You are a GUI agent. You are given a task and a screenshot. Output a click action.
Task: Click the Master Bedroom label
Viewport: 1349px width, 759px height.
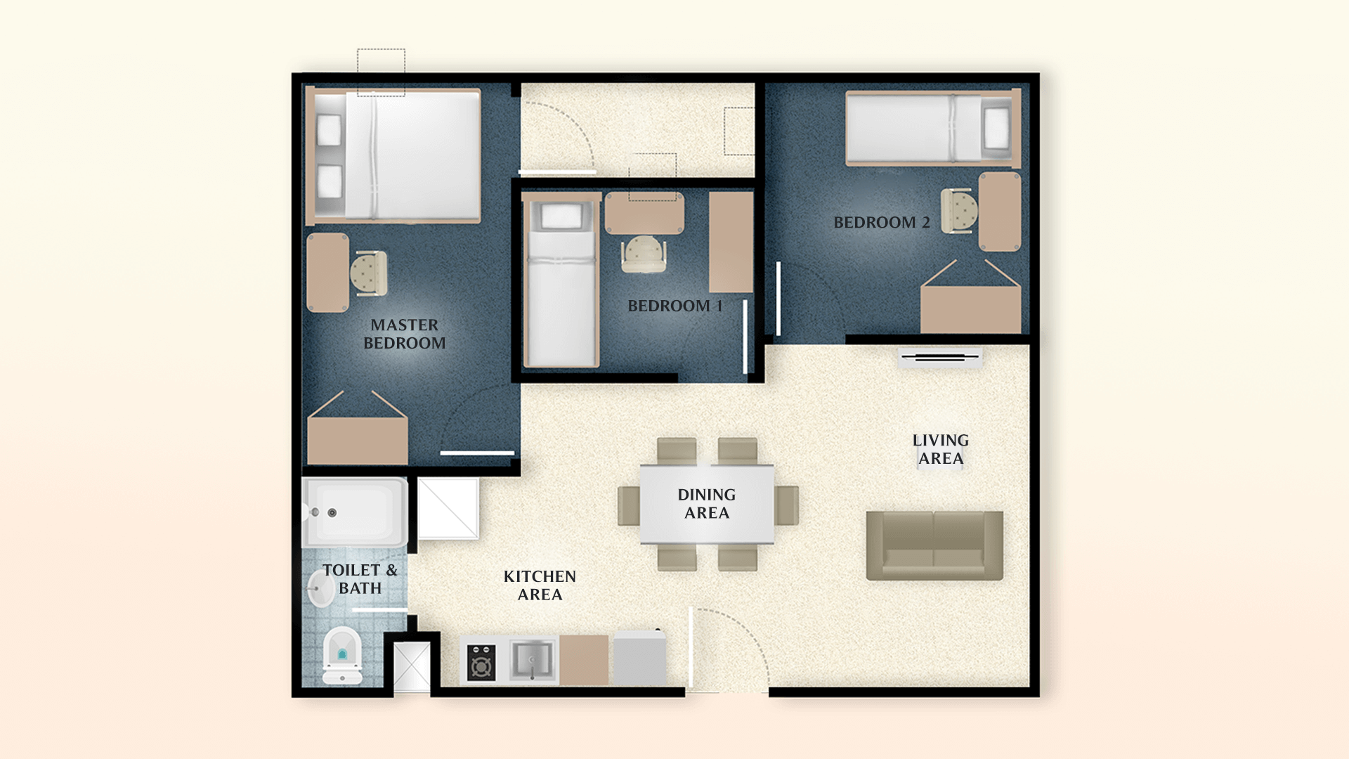pos(404,334)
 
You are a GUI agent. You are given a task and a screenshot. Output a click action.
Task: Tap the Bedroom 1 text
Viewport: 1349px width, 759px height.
pos(674,306)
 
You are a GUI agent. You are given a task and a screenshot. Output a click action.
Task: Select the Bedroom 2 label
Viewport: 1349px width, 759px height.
pos(881,223)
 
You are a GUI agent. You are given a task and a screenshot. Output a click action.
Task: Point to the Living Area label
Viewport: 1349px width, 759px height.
pos(940,449)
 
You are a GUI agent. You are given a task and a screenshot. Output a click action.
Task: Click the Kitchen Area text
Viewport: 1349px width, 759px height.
pos(540,585)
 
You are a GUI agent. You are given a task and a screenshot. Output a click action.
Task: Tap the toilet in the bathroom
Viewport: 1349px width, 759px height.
pos(342,655)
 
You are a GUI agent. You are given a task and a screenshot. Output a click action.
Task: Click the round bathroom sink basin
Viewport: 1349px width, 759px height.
pos(321,588)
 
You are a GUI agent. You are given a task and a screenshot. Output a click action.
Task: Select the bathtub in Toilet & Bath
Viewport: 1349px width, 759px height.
pos(355,512)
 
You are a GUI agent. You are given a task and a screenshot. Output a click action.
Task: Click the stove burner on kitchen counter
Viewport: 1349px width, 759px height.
pos(481,662)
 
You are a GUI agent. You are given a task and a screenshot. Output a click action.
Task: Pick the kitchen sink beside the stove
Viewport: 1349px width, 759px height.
pos(531,661)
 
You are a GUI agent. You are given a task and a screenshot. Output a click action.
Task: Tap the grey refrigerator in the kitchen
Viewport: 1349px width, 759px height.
pos(639,659)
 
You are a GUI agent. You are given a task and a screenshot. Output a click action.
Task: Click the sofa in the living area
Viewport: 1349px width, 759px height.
pos(934,545)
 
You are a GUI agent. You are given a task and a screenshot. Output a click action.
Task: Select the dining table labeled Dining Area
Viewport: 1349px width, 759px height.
pos(706,504)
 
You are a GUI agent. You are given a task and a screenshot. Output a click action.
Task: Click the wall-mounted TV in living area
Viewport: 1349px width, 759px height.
pos(940,358)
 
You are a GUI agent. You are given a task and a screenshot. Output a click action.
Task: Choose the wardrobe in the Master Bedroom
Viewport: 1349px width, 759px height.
pos(357,439)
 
